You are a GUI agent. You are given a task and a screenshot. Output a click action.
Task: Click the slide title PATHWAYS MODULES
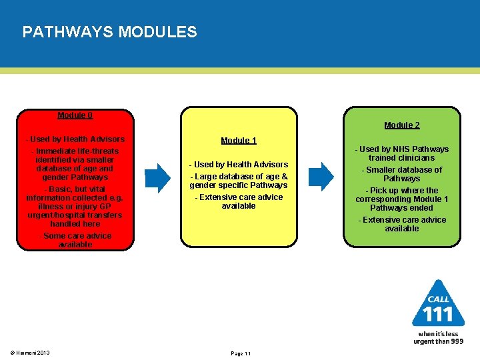click(x=109, y=32)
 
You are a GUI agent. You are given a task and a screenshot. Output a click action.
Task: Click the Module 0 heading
click(x=75, y=115)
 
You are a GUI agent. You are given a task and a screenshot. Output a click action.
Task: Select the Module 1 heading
click(x=239, y=141)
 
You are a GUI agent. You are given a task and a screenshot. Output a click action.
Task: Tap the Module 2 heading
click(x=402, y=125)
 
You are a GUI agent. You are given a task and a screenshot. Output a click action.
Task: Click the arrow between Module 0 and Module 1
click(x=158, y=177)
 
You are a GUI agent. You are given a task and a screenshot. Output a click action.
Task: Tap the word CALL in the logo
click(x=438, y=299)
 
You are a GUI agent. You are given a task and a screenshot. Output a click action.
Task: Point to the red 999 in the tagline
click(x=456, y=341)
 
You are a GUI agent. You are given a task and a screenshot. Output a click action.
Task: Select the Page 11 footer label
click(x=240, y=353)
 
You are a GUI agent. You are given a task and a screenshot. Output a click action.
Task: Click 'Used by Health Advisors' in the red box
click(x=75, y=139)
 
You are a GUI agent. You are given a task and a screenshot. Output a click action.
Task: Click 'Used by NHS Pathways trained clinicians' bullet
click(x=402, y=153)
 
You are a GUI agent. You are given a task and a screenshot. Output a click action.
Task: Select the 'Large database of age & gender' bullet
click(x=239, y=181)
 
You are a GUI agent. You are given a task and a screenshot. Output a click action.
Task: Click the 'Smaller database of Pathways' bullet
click(x=402, y=174)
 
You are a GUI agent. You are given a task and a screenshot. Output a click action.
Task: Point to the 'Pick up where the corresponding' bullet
click(x=402, y=199)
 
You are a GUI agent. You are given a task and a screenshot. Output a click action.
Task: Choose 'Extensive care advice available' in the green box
click(x=402, y=224)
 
